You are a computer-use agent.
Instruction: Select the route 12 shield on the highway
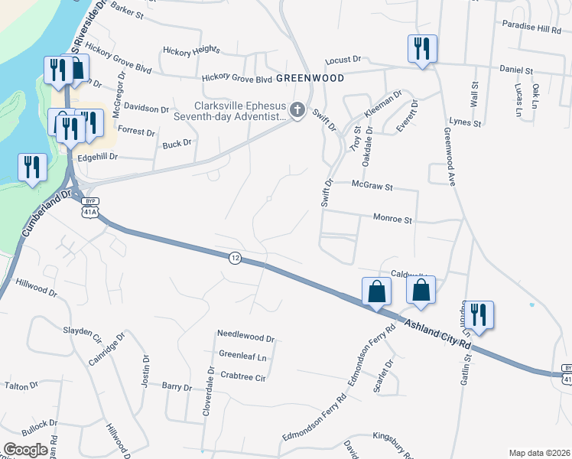click(x=234, y=259)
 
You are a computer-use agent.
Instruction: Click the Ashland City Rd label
click(x=438, y=334)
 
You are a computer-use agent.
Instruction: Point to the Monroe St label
click(x=392, y=220)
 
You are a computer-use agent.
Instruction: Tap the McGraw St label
click(x=372, y=186)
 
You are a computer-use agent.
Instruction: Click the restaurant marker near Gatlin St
click(x=479, y=315)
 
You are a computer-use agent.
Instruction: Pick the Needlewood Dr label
click(x=245, y=335)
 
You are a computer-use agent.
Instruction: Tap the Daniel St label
click(x=516, y=70)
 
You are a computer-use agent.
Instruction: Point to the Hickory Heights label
click(x=191, y=50)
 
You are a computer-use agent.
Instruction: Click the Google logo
click(x=25, y=449)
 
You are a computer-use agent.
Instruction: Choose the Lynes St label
click(x=466, y=122)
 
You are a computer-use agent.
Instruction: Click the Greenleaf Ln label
click(x=242, y=356)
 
